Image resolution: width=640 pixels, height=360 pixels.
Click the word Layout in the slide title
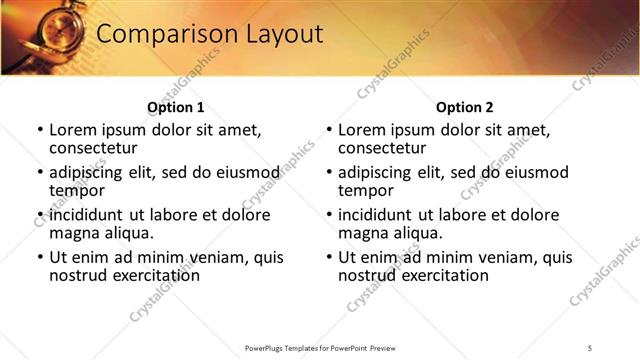[279, 34]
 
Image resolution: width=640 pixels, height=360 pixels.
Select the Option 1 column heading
[176, 107]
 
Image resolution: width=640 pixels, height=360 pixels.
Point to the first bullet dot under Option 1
[39, 131]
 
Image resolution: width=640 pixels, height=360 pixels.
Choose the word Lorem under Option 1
[73, 130]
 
